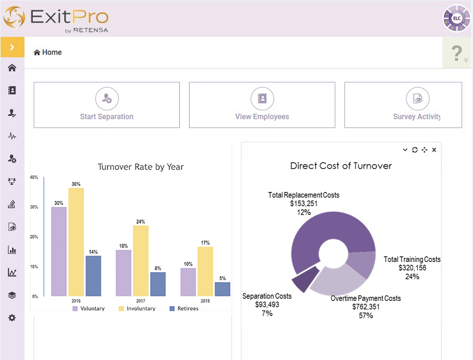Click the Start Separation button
click(106, 105)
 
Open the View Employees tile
click(262, 105)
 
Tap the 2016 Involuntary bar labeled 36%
click(76, 241)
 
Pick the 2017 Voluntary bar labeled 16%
click(124, 273)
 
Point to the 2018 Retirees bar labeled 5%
click(222, 289)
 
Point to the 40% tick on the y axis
click(34, 177)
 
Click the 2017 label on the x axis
click(140, 300)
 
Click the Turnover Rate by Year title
click(140, 167)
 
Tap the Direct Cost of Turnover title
click(341, 166)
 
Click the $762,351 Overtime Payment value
click(366, 307)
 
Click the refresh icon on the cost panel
click(415, 150)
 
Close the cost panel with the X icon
click(434, 150)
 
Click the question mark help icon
click(457, 53)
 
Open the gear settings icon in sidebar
click(12, 318)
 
